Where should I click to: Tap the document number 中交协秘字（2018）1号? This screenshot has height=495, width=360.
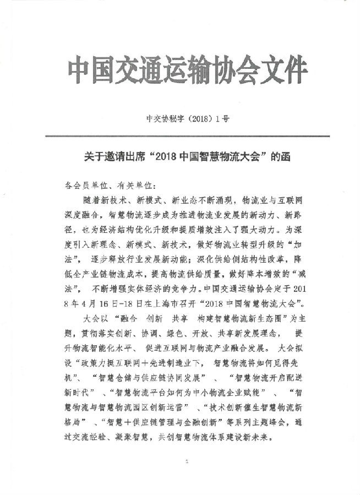click(x=179, y=117)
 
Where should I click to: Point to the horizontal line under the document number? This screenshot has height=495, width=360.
click(x=179, y=135)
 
